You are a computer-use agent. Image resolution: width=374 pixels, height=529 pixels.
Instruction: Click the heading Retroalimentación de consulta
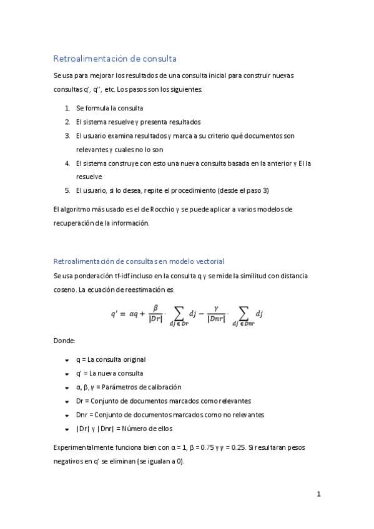click(x=116, y=59)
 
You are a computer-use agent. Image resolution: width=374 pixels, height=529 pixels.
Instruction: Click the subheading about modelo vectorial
click(x=139, y=261)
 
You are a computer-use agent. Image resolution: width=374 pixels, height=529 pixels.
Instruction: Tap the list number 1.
click(x=67, y=108)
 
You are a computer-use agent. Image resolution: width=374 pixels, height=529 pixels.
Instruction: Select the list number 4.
click(x=67, y=163)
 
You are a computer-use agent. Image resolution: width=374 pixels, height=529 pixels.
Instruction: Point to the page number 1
click(x=319, y=495)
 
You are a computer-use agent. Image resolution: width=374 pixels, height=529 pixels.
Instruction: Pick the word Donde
click(x=64, y=341)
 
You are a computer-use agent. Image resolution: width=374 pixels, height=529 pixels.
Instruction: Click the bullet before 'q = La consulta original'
click(x=67, y=360)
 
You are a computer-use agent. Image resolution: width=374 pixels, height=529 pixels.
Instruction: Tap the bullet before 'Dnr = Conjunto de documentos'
click(x=67, y=415)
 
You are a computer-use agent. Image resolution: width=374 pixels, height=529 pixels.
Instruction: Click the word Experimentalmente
click(x=82, y=448)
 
